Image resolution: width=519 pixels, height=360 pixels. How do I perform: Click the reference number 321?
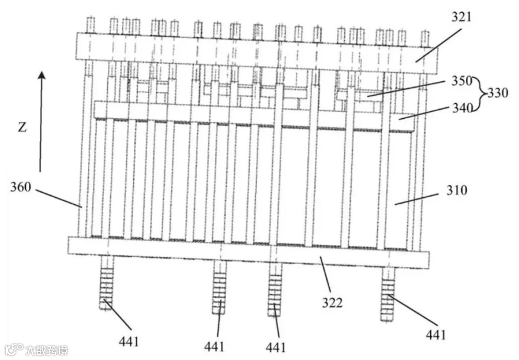461,17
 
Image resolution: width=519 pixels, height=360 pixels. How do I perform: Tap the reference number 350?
462,81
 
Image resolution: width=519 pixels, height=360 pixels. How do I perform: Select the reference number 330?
498,93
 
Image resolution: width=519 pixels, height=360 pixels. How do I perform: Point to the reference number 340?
462,108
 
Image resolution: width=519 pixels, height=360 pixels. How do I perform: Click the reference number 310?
457,190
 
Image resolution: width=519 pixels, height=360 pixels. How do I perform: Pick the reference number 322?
332,303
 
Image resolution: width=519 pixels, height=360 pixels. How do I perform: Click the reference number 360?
21,187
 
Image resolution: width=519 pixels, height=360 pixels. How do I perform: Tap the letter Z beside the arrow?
22,127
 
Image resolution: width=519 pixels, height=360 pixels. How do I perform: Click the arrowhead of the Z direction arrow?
42,76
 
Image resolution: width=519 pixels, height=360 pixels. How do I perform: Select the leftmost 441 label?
129,341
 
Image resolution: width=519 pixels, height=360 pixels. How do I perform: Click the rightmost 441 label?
435,335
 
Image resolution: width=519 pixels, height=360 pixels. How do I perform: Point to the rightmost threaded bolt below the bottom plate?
388,294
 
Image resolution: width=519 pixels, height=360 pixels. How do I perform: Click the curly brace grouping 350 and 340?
480,93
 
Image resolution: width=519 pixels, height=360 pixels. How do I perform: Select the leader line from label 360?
59,198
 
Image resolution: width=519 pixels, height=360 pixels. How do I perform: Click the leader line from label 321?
439,46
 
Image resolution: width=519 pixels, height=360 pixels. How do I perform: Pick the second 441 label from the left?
214,347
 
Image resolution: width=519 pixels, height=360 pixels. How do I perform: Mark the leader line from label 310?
416,199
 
